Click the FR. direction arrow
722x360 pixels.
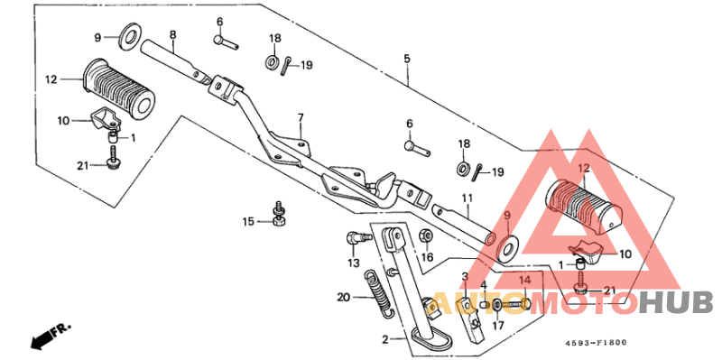click(51, 335)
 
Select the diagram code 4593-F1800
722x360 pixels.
click(597, 343)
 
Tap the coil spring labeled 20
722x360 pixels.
click(377, 293)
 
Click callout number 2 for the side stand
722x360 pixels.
click(386, 340)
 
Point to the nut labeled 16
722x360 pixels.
click(425, 236)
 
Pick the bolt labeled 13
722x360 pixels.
click(357, 237)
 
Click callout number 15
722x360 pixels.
click(249, 222)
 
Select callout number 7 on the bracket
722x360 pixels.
click(301, 118)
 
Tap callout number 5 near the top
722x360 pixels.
click(407, 59)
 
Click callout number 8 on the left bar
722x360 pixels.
click(172, 34)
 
